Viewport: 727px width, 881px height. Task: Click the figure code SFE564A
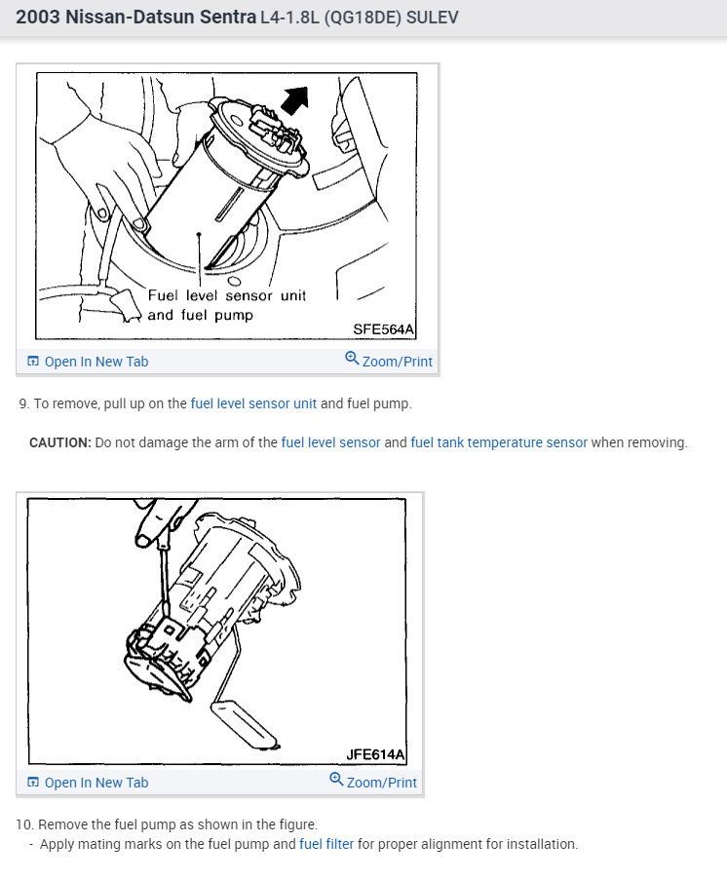384,329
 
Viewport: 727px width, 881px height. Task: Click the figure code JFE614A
375,753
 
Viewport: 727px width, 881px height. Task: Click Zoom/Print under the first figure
397,362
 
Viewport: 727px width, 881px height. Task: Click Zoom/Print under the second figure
381,783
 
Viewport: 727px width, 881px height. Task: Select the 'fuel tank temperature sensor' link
499,442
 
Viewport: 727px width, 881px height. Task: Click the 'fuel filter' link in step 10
326,844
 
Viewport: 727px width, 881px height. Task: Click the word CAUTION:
60,442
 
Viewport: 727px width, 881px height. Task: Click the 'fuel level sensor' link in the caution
330,442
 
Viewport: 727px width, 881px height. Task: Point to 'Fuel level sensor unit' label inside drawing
226,295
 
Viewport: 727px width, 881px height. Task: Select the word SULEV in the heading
435,19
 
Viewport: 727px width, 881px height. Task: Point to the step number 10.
24,824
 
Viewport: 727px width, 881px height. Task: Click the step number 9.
23,403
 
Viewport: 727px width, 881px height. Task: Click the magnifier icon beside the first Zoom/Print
352,359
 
